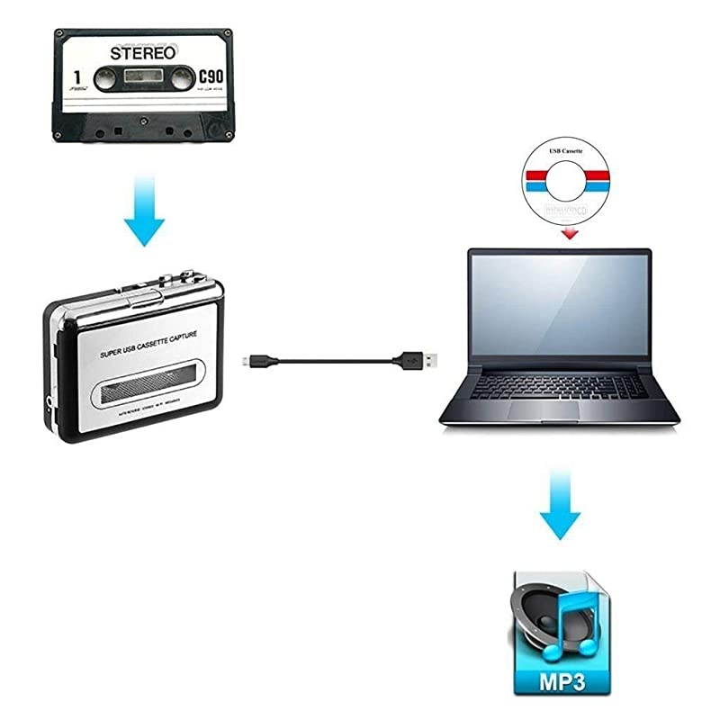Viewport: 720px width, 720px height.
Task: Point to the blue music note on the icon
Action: (x=580, y=612)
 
